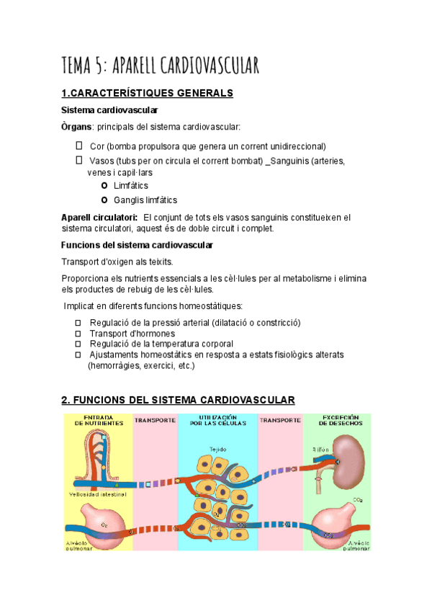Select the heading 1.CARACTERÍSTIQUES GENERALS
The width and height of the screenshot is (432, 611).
click(148, 93)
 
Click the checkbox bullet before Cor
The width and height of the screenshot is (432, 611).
click(79, 146)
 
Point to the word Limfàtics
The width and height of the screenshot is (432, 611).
click(131, 186)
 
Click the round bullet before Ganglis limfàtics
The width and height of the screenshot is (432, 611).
click(105, 200)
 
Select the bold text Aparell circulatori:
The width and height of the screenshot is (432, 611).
click(100, 217)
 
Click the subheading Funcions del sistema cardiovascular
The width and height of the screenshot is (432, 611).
click(138, 246)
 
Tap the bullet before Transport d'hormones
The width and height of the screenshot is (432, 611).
click(79, 334)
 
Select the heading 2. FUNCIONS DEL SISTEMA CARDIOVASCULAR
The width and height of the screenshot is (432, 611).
click(179, 400)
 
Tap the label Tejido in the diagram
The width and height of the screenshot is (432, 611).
click(218, 450)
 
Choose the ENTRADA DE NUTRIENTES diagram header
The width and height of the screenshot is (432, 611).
click(98, 420)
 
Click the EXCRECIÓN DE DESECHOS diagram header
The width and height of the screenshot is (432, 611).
click(337, 420)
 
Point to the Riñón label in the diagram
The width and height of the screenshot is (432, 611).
click(320, 449)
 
